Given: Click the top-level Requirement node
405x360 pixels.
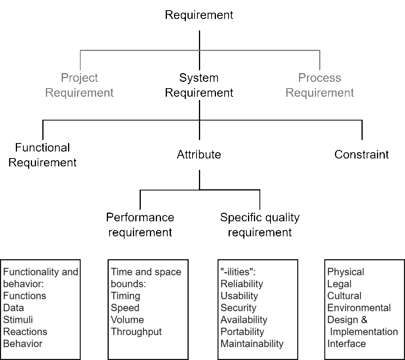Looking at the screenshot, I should click(199, 15).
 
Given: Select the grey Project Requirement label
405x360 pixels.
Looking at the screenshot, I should click(79, 85).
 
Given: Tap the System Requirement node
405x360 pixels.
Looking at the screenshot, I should click(199, 85).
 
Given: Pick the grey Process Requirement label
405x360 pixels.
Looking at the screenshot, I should click(320, 85).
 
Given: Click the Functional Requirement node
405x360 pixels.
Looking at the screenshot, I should click(42, 155).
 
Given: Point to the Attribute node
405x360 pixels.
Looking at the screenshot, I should click(199, 155).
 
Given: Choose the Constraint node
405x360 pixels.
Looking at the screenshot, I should click(361, 155).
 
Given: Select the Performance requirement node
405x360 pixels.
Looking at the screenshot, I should click(140, 224).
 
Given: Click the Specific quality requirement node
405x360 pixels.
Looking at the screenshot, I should click(260, 224).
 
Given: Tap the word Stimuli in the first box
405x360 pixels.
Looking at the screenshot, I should click(18, 320).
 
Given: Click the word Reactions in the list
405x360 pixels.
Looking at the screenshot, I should click(25, 332).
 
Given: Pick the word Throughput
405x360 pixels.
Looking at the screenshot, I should click(136, 332).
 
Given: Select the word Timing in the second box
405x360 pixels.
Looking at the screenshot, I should click(125, 296).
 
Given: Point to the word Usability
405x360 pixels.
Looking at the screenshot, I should click(239, 296).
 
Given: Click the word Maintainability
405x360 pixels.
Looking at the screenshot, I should click(252, 344).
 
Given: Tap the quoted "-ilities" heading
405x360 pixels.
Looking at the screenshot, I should click(238, 272).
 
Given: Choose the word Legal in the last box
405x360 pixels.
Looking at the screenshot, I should click(339, 284).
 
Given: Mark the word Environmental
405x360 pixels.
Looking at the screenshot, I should click(359, 308).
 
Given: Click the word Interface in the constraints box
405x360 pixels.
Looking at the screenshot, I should click(346, 344).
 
